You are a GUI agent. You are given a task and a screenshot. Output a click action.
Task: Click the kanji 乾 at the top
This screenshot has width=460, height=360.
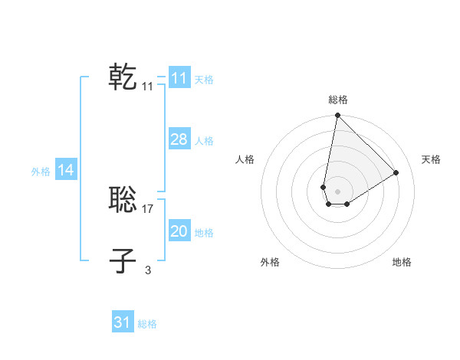pyautogui.click(x=123, y=77)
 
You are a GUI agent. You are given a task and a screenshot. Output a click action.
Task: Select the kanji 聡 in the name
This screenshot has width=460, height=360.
pyautogui.click(x=123, y=200)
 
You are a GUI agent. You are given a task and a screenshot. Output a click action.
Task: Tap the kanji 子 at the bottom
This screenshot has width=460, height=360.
pyautogui.click(x=123, y=261)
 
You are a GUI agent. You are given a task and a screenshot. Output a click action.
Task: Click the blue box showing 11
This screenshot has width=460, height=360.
pyautogui.click(x=179, y=78)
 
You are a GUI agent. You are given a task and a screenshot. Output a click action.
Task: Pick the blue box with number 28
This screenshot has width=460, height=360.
pyautogui.click(x=179, y=139)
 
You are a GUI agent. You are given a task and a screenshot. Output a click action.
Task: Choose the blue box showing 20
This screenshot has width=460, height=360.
pyautogui.click(x=179, y=231)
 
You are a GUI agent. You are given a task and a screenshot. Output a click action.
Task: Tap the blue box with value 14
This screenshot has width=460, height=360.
pyautogui.click(x=65, y=170)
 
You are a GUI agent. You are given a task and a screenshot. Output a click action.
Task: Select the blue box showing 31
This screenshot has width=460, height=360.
pyautogui.click(x=123, y=322)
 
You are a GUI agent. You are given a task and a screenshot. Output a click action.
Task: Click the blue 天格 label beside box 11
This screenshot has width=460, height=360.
pyautogui.click(x=204, y=80)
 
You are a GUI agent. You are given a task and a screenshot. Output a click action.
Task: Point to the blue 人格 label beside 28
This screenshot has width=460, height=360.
pyautogui.click(x=204, y=141)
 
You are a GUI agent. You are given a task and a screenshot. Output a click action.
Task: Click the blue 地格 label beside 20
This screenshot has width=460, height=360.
pyautogui.click(x=204, y=233)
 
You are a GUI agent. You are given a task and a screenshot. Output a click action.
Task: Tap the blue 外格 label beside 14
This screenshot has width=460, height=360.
pyautogui.click(x=41, y=172)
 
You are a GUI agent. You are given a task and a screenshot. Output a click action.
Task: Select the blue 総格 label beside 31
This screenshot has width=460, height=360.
pyautogui.click(x=147, y=324)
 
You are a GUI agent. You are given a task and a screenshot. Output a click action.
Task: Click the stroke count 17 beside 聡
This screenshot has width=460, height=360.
pyautogui.click(x=148, y=208)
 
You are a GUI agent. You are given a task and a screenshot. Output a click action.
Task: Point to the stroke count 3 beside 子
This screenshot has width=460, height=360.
pyautogui.click(x=148, y=270)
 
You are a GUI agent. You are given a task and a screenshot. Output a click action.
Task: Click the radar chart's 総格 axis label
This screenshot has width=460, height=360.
pyautogui.click(x=337, y=100)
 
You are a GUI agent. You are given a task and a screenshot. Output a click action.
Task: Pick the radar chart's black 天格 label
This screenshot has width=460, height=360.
pyautogui.click(x=431, y=159)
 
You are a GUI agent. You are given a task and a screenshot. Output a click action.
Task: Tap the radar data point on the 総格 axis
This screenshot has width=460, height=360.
pyautogui.click(x=337, y=116)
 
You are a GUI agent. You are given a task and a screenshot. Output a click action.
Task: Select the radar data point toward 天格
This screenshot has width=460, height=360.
pyautogui.click(x=396, y=172)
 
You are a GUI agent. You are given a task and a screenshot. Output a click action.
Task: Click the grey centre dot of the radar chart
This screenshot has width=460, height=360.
pyautogui.click(x=337, y=191)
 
